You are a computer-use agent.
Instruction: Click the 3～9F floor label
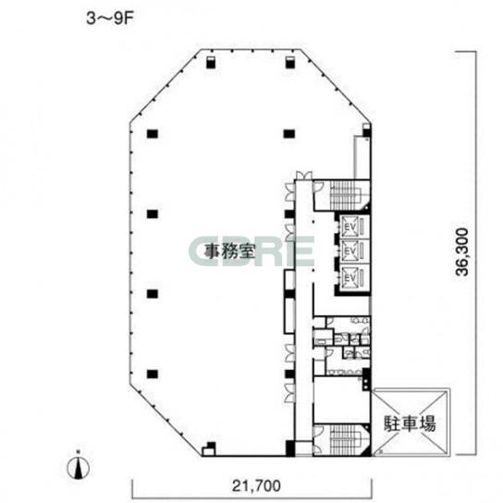[x=109, y=18]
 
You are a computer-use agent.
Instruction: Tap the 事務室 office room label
[x=229, y=251]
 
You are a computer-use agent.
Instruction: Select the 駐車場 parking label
[x=410, y=423]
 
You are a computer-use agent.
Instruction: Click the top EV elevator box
[x=350, y=227]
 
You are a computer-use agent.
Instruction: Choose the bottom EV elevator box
[x=350, y=276]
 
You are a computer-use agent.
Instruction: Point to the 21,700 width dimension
[x=256, y=485]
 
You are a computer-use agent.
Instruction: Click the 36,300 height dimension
[x=462, y=251]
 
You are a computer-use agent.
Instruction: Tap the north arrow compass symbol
[x=78, y=467]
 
